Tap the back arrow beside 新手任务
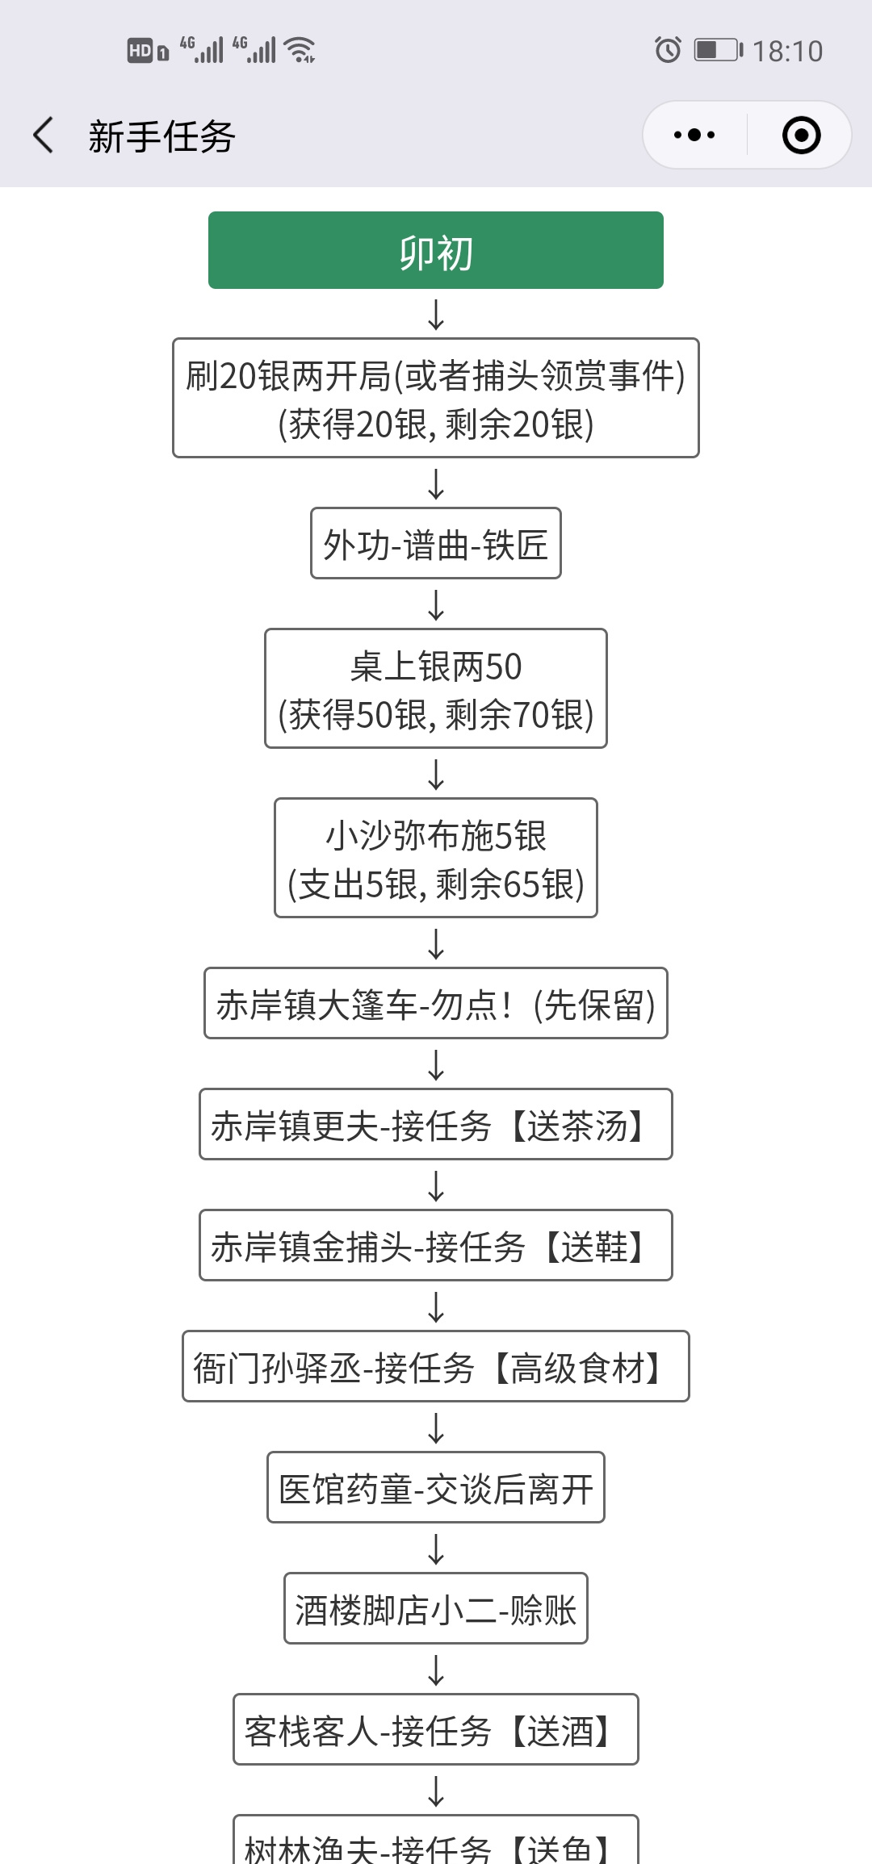(44, 135)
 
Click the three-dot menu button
(694, 135)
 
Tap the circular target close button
(802, 135)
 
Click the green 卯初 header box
(436, 250)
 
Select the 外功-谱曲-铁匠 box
(436, 543)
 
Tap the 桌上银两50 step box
(436, 688)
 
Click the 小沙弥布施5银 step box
(436, 858)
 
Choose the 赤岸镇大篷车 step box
(436, 1003)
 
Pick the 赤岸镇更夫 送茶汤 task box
(436, 1124)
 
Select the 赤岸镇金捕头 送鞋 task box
(436, 1245)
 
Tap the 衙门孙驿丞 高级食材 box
(436, 1366)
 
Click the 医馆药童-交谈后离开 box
(436, 1487)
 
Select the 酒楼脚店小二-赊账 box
(436, 1608)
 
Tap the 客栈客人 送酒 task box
(436, 1729)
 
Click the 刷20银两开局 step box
(436, 398)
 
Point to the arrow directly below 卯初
(436, 314)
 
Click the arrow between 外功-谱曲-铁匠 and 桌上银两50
(436, 604)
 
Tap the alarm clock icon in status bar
(668, 50)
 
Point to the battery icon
(719, 50)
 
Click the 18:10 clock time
(787, 51)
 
